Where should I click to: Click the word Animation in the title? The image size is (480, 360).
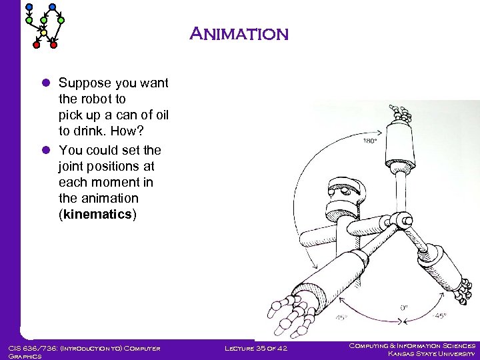[x=239, y=34]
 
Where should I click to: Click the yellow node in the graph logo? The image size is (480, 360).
[x=44, y=32]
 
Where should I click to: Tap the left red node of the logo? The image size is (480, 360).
[x=37, y=45]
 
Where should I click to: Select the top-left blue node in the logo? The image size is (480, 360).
[x=29, y=7]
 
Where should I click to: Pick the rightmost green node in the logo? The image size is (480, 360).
[x=61, y=21]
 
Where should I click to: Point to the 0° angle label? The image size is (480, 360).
[x=405, y=307]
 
